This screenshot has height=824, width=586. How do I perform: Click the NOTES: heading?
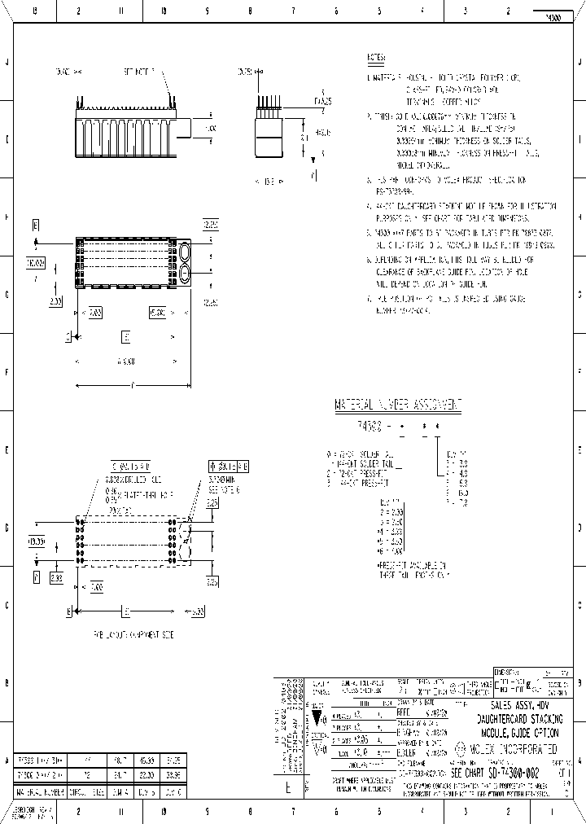click(x=376, y=58)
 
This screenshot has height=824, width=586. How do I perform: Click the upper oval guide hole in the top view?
click(x=186, y=251)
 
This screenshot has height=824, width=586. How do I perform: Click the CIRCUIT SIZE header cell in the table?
click(x=85, y=791)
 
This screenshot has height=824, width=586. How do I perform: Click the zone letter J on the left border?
click(x=8, y=62)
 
